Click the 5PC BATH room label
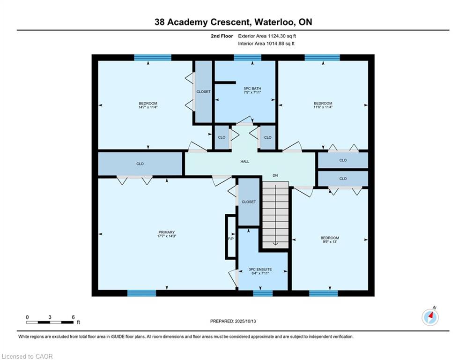(x=252, y=89)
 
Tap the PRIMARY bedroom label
(x=166, y=232)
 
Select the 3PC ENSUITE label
(x=260, y=269)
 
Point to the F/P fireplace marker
(x=231, y=239)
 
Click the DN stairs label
(x=275, y=175)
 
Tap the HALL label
(x=245, y=162)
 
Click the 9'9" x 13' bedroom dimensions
(x=330, y=242)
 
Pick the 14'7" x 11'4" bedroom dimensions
(x=148, y=107)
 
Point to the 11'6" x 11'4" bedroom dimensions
(x=323, y=107)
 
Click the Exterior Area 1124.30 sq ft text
(x=267, y=36)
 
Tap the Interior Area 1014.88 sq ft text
(x=266, y=44)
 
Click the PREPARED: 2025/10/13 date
(x=233, y=321)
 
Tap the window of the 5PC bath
(x=248, y=57)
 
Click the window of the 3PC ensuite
(x=263, y=293)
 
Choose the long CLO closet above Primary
(x=140, y=164)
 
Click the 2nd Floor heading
(x=222, y=36)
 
